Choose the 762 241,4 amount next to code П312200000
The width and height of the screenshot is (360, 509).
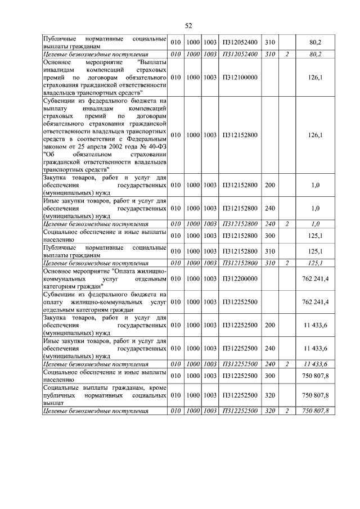(x=315, y=278)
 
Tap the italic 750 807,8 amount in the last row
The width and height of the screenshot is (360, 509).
(x=315, y=411)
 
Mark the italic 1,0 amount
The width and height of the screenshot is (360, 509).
(x=315, y=224)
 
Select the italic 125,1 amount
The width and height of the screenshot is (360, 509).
(x=315, y=263)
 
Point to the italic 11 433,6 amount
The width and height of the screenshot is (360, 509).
(x=315, y=364)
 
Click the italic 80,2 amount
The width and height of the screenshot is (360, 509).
(x=315, y=54)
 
